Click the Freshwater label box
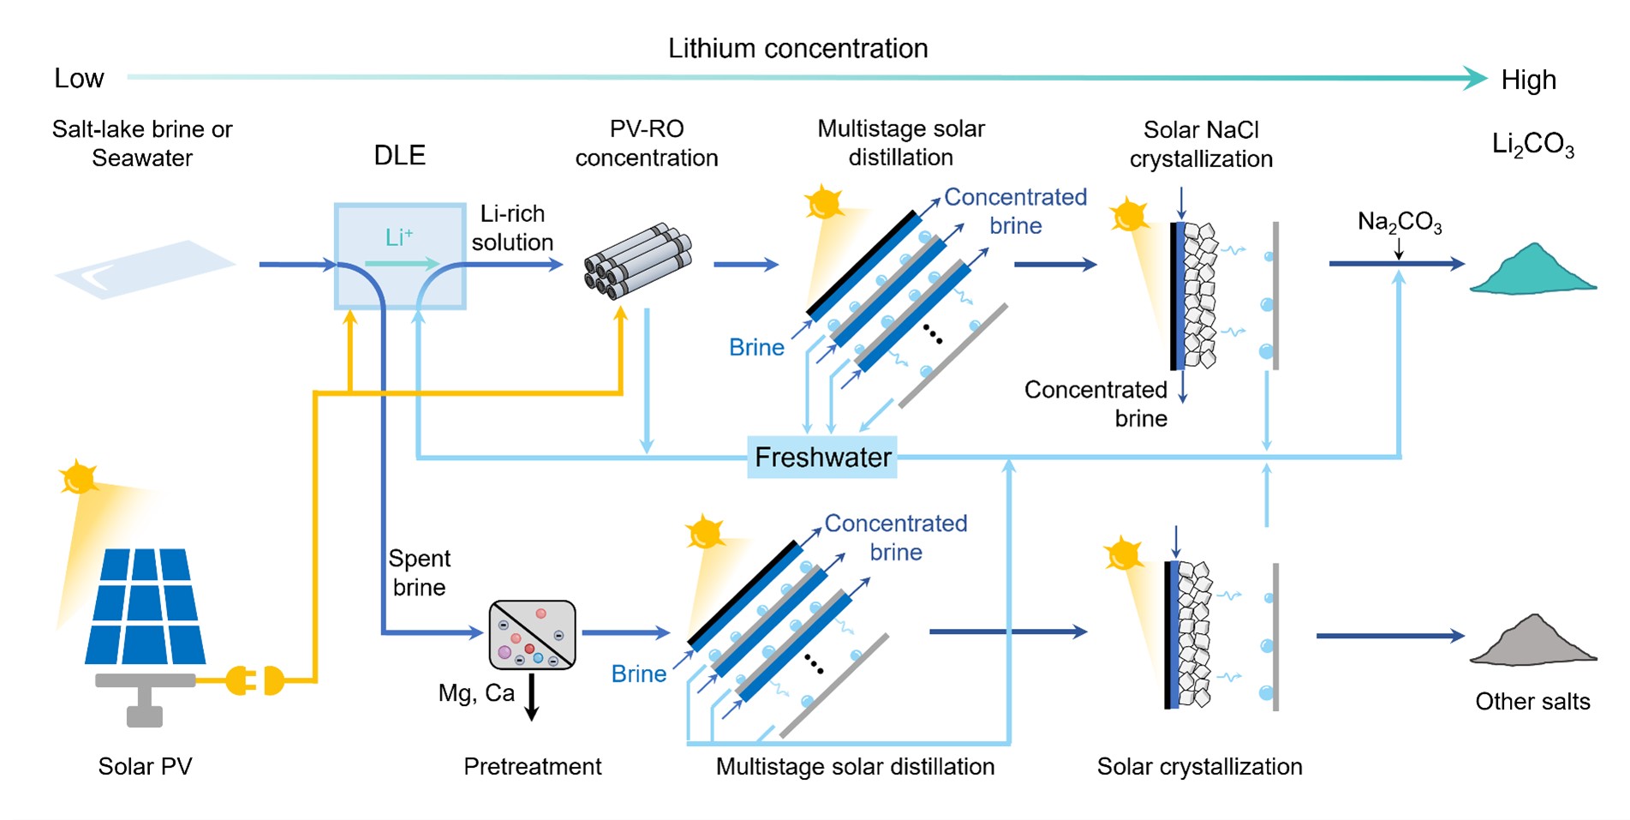pos(821,458)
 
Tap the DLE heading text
pos(399,156)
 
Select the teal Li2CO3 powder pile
pos(1532,271)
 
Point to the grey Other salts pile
pos(1532,643)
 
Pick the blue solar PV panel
pos(145,607)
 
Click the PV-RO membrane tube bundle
pos(638,261)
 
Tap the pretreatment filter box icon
pos(532,635)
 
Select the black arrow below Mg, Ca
pos(531,697)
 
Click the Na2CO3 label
pos(1400,223)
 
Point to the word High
pos(1528,81)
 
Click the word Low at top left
pos(79,79)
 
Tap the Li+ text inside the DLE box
pos(399,237)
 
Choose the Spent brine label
pos(419,572)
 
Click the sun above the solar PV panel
pos(79,477)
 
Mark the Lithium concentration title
pos(797,49)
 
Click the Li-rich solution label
pos(512,228)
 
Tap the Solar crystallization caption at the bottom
pos(1199,766)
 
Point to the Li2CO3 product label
pos(1532,145)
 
